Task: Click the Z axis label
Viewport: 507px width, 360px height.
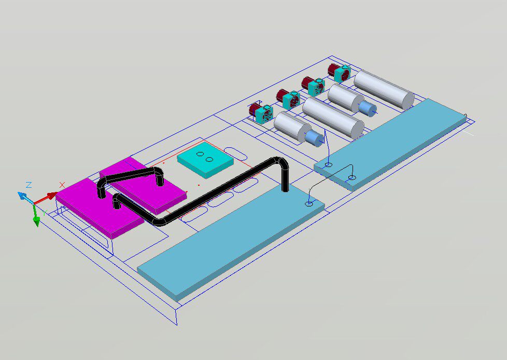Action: coord(29,185)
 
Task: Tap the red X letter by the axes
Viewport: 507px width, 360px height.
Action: coord(62,185)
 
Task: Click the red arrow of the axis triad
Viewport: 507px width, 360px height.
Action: coord(46,198)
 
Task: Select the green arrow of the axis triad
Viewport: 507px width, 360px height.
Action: coord(36,216)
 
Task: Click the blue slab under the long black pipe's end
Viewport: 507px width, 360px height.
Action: coord(231,241)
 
